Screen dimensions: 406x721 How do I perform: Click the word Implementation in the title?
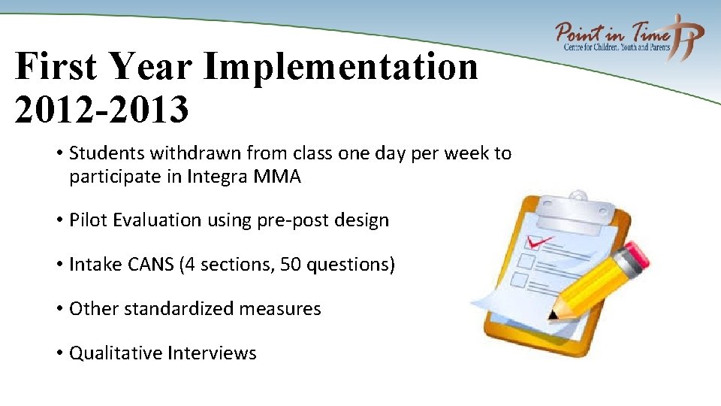340,68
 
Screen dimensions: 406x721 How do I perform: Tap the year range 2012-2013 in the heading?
101,110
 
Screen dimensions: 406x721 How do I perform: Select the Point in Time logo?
629,36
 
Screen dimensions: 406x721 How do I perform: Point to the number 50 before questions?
289,265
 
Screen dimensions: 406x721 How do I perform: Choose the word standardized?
184,309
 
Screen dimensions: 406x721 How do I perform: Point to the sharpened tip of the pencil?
554,314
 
